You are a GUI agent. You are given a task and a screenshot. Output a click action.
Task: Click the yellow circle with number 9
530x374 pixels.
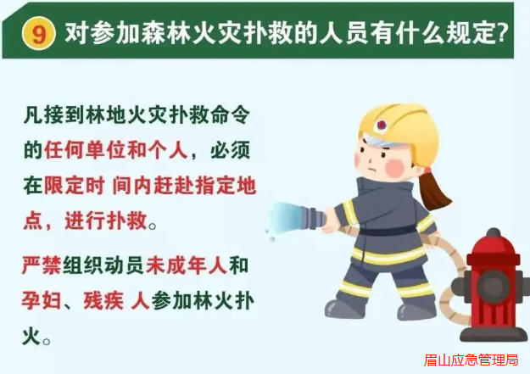(38, 33)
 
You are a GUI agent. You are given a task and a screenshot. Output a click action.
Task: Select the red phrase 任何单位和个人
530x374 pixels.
(115, 150)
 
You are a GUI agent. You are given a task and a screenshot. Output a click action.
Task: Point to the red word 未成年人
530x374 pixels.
(187, 265)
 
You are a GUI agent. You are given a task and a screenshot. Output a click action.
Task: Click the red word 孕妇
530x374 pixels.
(42, 300)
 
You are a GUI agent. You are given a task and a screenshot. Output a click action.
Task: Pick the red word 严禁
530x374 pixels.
(42, 265)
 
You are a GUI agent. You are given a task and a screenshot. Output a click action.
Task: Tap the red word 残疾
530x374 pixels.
(103, 300)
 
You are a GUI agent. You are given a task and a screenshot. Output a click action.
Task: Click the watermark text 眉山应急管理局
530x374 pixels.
(471, 360)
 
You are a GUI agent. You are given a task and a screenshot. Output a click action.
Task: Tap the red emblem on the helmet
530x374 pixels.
(382, 125)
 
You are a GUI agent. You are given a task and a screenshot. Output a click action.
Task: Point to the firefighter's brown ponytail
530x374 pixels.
(433, 190)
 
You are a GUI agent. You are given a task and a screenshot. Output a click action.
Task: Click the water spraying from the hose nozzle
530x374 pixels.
(283, 218)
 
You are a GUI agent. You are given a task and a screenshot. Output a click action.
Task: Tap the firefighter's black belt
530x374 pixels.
(388, 232)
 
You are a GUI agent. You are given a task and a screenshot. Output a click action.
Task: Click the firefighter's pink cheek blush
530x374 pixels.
(395, 168)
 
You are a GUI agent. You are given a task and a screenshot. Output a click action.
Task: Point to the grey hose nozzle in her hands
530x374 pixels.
(312, 218)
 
